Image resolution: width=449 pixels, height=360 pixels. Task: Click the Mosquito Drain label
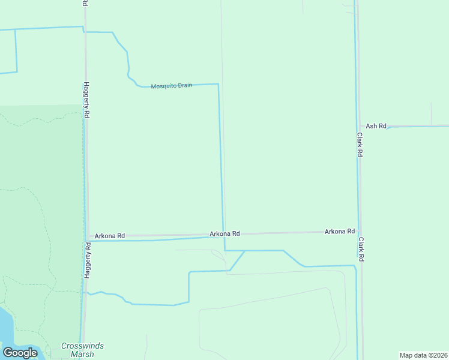point(172,86)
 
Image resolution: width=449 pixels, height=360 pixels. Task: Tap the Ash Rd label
point(376,126)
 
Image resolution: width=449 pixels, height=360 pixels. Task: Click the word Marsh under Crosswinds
point(81,354)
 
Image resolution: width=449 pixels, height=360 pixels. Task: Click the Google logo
point(20,353)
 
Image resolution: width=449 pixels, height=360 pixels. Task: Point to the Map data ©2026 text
point(423,355)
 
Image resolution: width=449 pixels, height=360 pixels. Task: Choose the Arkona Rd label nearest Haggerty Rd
point(109,236)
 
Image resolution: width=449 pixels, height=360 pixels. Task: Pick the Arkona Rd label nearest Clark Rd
point(339,231)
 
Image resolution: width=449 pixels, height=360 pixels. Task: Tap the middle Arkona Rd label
point(224,233)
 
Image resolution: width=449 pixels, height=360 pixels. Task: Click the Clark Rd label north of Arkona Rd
point(360,145)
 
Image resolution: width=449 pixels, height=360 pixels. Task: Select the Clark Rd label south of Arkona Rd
point(361,248)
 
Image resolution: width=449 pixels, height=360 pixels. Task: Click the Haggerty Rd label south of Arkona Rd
point(87,260)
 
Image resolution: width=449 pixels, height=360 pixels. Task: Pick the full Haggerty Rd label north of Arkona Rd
point(86,100)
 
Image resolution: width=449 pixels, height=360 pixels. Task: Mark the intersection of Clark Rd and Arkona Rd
point(358,231)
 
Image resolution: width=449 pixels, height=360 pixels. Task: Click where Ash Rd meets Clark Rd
point(357,127)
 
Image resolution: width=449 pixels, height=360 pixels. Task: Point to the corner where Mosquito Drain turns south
point(218,85)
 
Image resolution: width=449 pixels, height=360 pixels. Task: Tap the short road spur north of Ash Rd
point(431,114)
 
